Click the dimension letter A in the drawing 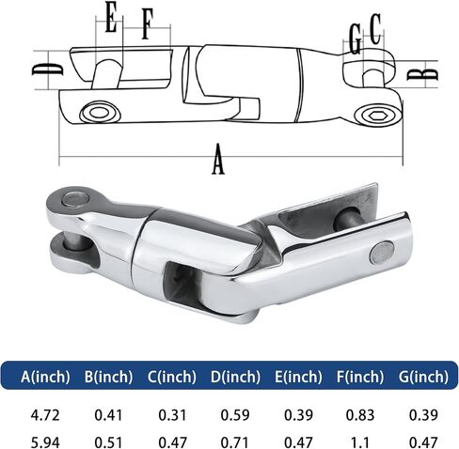pos(218,159)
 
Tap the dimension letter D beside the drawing pos(47,70)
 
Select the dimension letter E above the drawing pos(111,17)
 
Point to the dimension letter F pos(147,23)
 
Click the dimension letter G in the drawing pos(355,39)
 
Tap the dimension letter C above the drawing pos(375,29)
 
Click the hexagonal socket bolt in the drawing pos(375,116)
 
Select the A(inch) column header pos(45,376)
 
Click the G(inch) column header pos(423,376)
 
